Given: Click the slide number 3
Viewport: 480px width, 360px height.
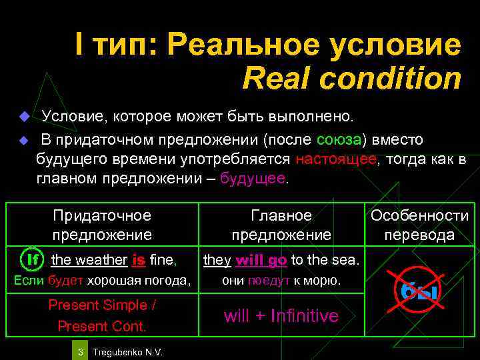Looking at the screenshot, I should coord(79,351).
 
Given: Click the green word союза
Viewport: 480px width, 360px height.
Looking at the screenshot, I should coord(339,139).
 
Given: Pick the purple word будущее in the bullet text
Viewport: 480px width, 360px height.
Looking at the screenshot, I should coord(252,179).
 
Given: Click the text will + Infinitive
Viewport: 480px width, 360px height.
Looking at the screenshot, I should coord(281,315).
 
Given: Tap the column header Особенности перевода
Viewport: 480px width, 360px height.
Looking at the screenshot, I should coord(419,225).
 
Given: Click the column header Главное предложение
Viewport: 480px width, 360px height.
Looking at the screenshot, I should coord(281,225).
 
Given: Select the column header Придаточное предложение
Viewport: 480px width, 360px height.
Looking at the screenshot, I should coord(102,225).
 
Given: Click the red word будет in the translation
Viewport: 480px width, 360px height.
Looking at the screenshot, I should coord(66,281).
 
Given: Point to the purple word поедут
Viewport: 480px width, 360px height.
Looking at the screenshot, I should coord(266,281).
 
